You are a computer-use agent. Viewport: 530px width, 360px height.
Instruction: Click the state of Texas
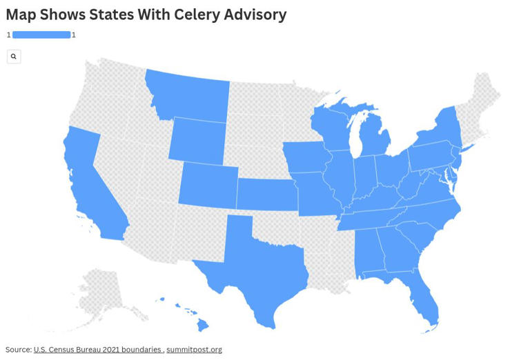coord(259,272)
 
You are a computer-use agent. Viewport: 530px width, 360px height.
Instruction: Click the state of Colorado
coord(208,184)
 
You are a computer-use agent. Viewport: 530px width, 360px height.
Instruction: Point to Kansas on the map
coord(266,194)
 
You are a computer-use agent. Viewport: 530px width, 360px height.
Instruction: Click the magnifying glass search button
coord(14,57)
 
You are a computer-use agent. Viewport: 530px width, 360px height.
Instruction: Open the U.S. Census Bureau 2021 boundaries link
coord(97,350)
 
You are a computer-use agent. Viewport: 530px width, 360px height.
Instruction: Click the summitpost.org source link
coord(194,350)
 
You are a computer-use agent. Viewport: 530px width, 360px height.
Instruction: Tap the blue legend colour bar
coord(41,34)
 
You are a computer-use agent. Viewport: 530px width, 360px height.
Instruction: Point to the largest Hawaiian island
coord(203,323)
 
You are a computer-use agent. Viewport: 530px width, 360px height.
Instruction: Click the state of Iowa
coord(306,157)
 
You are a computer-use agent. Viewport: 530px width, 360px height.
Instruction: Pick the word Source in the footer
coord(18,350)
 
